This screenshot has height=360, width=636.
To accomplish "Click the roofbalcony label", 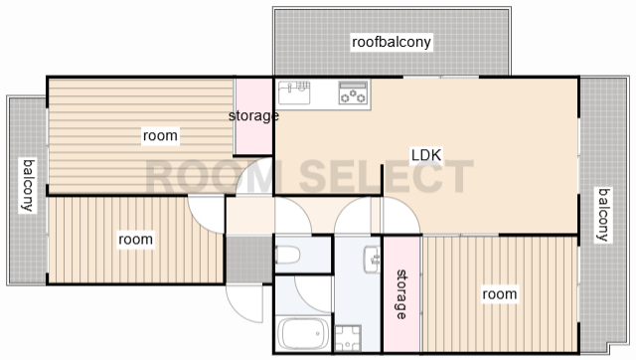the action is pyautogui.click(x=391, y=42).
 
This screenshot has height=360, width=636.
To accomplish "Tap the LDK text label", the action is pyautogui.click(x=426, y=155).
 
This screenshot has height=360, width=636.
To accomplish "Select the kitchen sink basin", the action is pyautogui.click(x=294, y=92).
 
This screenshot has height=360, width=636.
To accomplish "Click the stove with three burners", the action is pyautogui.click(x=353, y=92).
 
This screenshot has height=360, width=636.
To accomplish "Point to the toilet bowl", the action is pyautogui.click(x=287, y=255).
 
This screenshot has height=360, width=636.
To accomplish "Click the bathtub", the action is pyautogui.click(x=303, y=334).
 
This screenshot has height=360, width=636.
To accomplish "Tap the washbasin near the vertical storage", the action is pyautogui.click(x=373, y=260).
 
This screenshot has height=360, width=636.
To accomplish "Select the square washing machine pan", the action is pyautogui.click(x=348, y=338).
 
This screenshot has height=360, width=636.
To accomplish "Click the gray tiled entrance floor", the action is pyautogui.click(x=248, y=260).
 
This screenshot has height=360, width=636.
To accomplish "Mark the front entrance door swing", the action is pyautogui.click(x=244, y=303).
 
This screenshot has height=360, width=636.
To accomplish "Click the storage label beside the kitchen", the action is pyautogui.click(x=253, y=116).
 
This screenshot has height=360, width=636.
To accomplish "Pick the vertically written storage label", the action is pyautogui.click(x=401, y=294).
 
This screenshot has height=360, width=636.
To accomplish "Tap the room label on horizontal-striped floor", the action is pyautogui.click(x=160, y=135).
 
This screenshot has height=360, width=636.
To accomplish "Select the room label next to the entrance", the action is pyautogui.click(x=135, y=240).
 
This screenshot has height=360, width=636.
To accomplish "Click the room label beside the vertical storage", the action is pyautogui.click(x=499, y=293).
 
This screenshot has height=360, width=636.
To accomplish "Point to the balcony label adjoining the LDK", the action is pyautogui.click(x=604, y=215).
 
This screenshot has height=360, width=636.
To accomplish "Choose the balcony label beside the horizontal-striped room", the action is pyautogui.click(x=29, y=186).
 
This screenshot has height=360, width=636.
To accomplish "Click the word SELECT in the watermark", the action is pyautogui.click(x=387, y=176).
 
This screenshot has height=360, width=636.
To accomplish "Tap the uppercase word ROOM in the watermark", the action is pyautogui.click(x=211, y=176).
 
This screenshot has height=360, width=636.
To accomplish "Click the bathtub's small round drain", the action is pyautogui.click(x=318, y=334).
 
